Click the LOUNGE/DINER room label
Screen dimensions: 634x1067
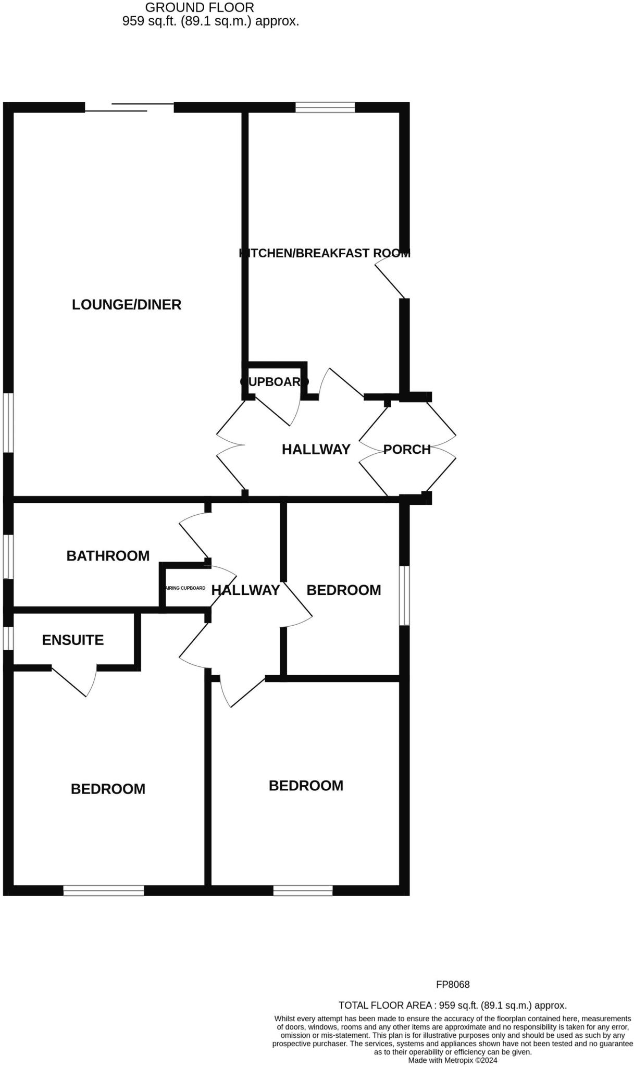[x=127, y=305]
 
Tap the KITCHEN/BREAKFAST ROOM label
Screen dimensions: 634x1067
[x=325, y=253]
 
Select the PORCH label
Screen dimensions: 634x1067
[x=407, y=449]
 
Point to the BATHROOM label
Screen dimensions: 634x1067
[x=108, y=556]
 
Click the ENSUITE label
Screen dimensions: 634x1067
[x=73, y=640]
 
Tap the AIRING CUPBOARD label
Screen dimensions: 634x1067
[x=185, y=588]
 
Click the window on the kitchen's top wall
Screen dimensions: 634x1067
[x=325, y=108]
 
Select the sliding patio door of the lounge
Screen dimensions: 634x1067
[x=129, y=107]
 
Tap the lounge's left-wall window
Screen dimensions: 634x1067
[x=8, y=423]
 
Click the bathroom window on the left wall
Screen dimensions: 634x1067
[x=8, y=556]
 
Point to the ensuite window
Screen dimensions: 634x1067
[x=8, y=638]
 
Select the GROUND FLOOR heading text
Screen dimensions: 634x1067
[x=200, y=8]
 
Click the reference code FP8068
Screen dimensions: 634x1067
[x=453, y=985]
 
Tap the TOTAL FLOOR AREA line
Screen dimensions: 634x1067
[x=452, y=1006]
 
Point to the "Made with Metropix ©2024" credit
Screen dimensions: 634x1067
[x=452, y=1060]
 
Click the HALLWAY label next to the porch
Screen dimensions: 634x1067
[x=316, y=450]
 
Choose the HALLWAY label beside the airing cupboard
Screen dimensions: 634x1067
[x=245, y=590]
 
